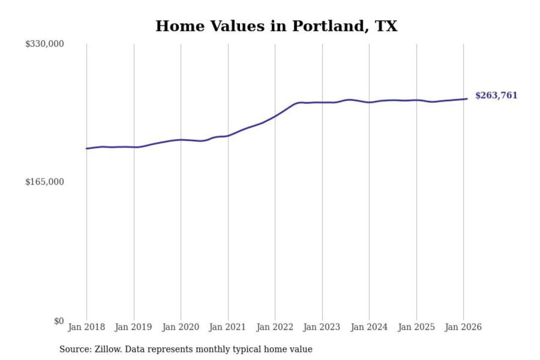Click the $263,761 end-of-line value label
point(496,95)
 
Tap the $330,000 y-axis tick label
point(44,44)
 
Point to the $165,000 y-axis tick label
point(44,182)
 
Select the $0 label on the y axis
point(59,321)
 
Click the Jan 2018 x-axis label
point(86,327)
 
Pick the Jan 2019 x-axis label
point(133,327)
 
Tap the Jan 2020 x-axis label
point(180,327)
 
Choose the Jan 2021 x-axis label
point(227,327)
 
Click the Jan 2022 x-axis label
point(274,327)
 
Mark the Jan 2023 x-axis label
point(321,327)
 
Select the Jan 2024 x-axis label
point(369,327)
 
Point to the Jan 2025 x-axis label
point(416,327)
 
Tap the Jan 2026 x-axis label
point(463,327)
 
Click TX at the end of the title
point(386,26)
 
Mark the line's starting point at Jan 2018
point(87,148)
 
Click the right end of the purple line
point(467,99)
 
